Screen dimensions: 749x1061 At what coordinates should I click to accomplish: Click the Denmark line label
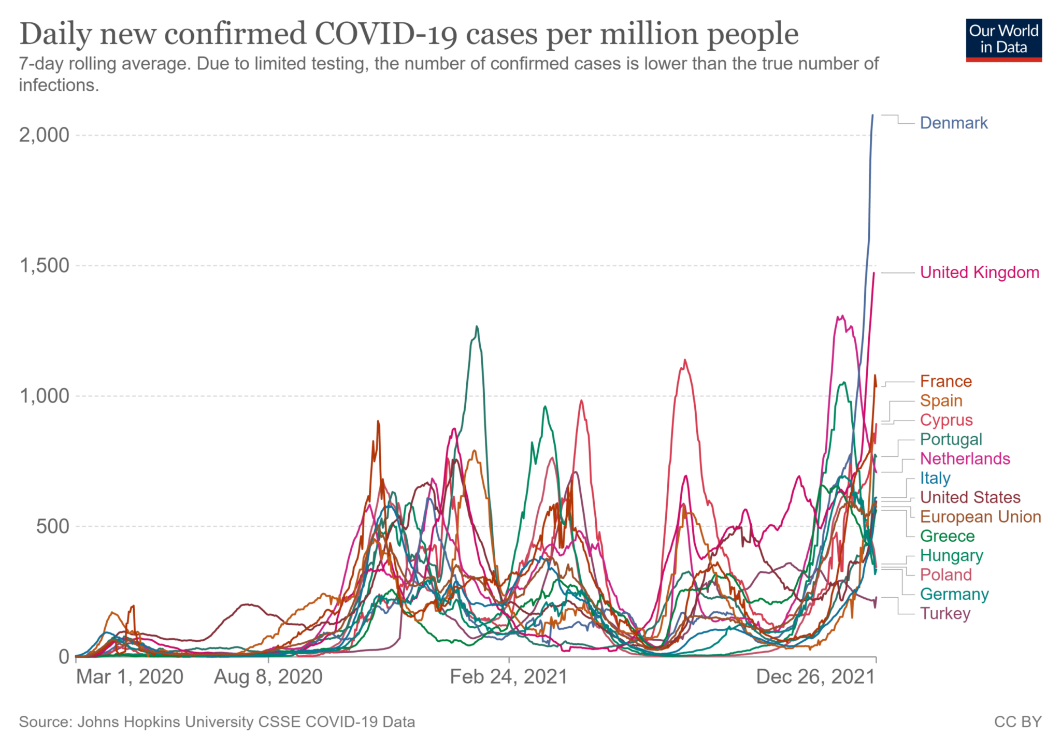pos(953,123)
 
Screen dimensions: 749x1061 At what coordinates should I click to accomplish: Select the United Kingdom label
pos(979,272)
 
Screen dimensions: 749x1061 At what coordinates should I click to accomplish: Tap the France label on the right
pos(945,381)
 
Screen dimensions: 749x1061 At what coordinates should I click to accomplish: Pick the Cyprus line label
pos(946,420)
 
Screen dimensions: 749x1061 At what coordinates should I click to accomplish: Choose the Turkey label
pos(945,613)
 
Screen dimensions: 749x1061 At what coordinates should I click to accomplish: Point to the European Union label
pos(980,516)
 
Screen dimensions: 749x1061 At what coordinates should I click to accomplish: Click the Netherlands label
pos(965,458)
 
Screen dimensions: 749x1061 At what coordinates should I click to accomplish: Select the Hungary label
pos(951,555)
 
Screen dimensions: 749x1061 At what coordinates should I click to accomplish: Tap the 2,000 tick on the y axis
pos(44,135)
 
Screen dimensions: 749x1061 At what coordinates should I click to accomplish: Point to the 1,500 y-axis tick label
pos(44,265)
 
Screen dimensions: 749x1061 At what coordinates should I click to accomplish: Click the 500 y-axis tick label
pos(52,526)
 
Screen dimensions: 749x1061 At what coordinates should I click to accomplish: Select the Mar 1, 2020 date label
pos(130,677)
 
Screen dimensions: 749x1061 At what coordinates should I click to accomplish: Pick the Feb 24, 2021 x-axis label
pos(509,677)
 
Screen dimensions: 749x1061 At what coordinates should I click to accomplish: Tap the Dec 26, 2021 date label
pos(815,677)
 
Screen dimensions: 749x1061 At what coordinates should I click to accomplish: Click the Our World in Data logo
pos(1003,40)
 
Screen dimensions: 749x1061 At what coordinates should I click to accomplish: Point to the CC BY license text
pos(1017,722)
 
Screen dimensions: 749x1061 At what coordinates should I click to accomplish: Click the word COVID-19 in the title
pos(386,34)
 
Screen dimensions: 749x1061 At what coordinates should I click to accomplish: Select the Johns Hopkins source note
pos(217,722)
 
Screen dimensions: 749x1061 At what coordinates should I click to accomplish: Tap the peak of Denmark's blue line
pos(872,115)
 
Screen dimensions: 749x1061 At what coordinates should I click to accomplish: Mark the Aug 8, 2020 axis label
pos(268,677)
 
